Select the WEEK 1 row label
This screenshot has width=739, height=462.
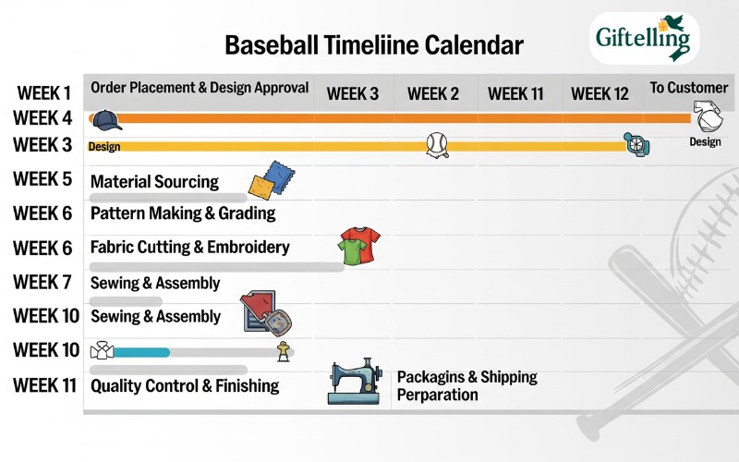pos(42,93)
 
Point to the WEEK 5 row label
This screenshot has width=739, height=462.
pos(42,178)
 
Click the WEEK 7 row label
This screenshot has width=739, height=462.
pos(42,281)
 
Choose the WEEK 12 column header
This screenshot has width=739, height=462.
pos(600,93)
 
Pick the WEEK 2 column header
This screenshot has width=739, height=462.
pos(433,93)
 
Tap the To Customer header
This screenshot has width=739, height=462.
pos(688,88)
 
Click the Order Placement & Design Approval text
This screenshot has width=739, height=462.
pos(200,88)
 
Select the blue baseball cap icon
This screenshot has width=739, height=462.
pos(106,119)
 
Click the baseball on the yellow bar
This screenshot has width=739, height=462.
pos(437,144)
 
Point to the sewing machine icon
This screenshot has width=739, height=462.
pos(355,382)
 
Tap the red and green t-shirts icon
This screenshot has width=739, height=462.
pos(359,246)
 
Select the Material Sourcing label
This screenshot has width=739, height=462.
pos(154,182)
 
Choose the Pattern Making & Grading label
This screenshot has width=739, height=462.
pos(183,213)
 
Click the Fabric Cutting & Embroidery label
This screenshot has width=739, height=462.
pos(189,248)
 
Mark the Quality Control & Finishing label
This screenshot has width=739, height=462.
pos(185,385)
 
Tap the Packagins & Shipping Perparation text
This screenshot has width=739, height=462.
pos(466,385)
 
